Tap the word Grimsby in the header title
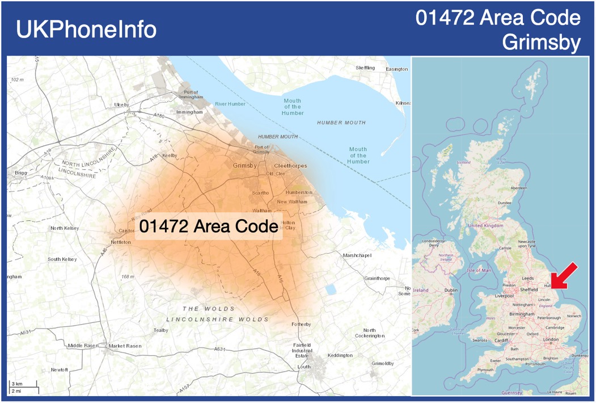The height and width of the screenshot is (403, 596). [x=542, y=42]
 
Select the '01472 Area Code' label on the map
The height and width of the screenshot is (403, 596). [x=208, y=226]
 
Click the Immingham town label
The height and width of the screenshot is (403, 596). [x=189, y=112]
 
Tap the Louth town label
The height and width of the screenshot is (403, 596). [x=304, y=367]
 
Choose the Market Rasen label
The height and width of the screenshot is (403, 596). [x=125, y=346]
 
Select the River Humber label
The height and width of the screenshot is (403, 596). [x=230, y=104]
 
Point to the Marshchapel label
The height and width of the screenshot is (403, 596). [x=357, y=255]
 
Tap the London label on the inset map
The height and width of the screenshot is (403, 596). [x=551, y=339]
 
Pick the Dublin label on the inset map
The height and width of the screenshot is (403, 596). [x=451, y=291]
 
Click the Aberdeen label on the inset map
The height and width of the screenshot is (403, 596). [x=518, y=188]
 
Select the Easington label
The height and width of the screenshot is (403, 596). [x=396, y=69]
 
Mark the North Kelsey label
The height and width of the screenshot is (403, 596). [x=65, y=228]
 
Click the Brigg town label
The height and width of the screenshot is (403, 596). [x=21, y=172]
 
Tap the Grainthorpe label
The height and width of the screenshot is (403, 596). [x=377, y=279]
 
